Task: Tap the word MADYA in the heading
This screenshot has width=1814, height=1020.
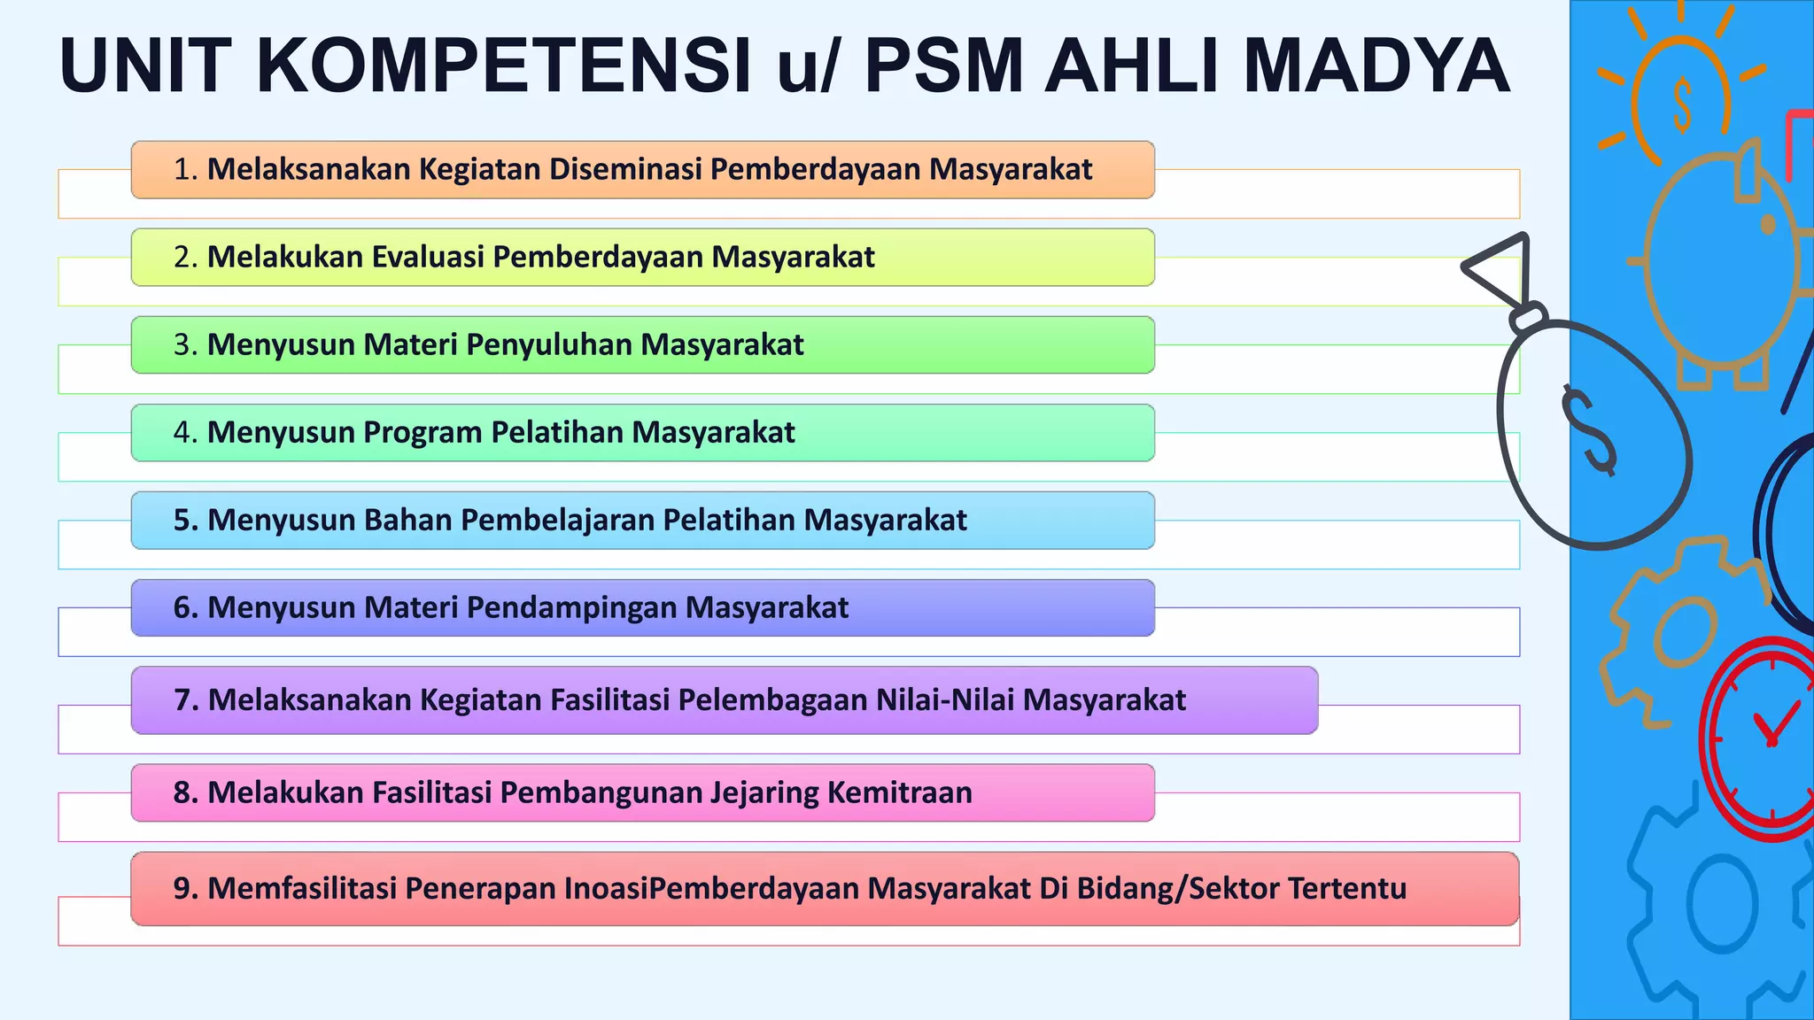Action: click(1376, 66)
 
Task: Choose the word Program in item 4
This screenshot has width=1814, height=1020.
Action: click(422, 432)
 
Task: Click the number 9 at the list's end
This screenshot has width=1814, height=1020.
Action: click(182, 888)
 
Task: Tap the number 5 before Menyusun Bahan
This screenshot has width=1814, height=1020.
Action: click(182, 520)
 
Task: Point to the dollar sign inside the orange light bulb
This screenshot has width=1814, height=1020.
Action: click(1682, 104)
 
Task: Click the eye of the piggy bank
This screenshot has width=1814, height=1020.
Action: click(1769, 225)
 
